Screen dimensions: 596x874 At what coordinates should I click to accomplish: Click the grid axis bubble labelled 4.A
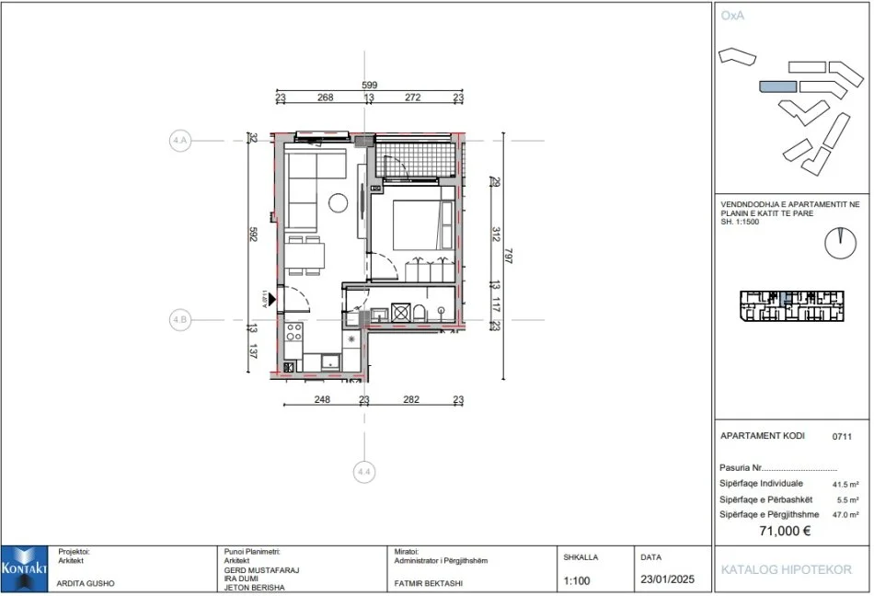[x=179, y=141]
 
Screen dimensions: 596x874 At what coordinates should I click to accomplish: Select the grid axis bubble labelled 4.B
[x=179, y=320]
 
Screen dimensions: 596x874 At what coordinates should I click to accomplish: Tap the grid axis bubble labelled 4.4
[x=364, y=472]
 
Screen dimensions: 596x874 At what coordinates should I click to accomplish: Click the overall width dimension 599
[x=369, y=86]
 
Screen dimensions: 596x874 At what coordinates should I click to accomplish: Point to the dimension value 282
[x=411, y=399]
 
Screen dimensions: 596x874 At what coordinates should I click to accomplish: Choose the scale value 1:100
[x=577, y=581]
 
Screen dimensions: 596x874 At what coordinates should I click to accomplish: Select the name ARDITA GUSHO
[x=86, y=582]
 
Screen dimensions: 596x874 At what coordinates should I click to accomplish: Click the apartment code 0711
[x=841, y=437]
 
